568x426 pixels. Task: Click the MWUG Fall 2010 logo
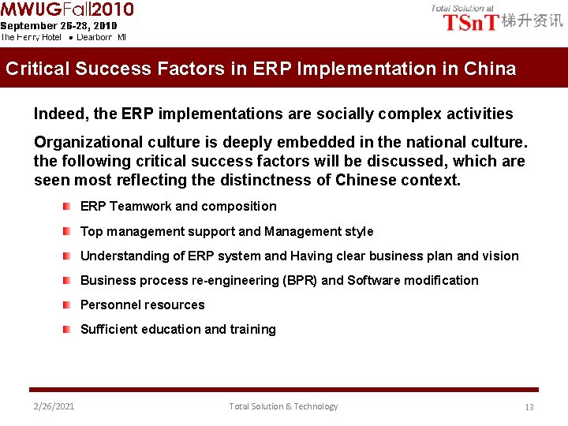point(67,9)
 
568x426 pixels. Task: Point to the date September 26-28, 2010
point(58,25)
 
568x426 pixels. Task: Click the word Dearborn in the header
point(95,37)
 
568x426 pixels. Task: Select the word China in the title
point(489,69)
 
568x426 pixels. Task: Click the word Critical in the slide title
point(38,69)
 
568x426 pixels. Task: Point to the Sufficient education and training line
point(177,330)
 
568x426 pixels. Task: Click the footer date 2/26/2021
point(54,406)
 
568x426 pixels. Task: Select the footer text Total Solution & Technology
point(283,406)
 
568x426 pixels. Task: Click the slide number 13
point(529,407)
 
